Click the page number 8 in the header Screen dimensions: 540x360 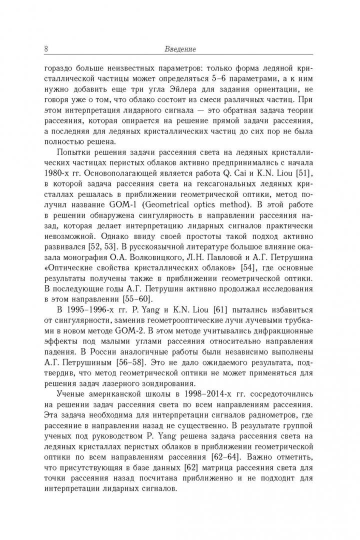[x=46, y=49]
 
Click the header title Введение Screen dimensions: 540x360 [x=180, y=49]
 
